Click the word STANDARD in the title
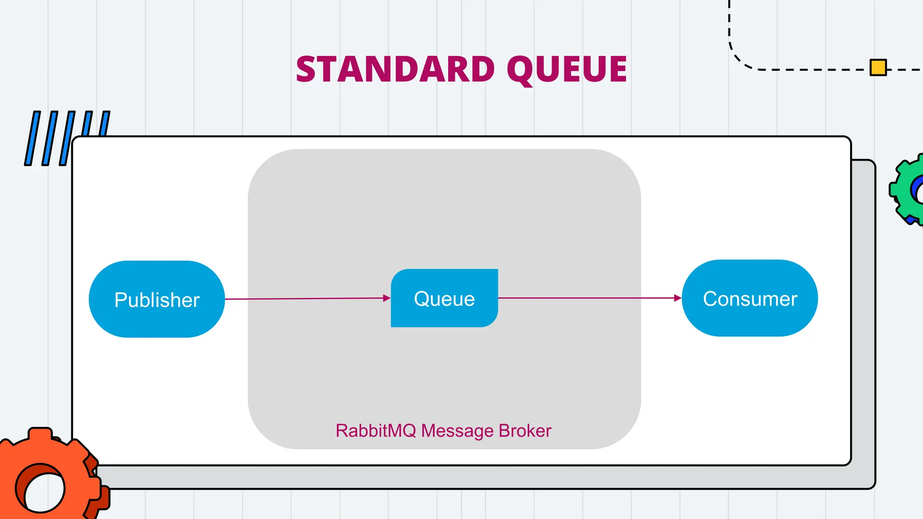pos(395,69)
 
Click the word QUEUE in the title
pos(567,69)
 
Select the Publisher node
pos(156,299)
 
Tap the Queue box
pos(444,298)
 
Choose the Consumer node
pos(749,298)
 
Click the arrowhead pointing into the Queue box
pos(387,298)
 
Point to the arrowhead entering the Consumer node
pos(677,298)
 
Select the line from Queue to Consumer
pos(586,298)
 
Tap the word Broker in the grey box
pos(525,431)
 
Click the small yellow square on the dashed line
pos(878,68)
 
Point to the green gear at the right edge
pos(908,189)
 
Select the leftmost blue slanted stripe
pos(32,138)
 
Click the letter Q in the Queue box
pos(421,299)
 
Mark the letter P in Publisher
pos(121,300)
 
